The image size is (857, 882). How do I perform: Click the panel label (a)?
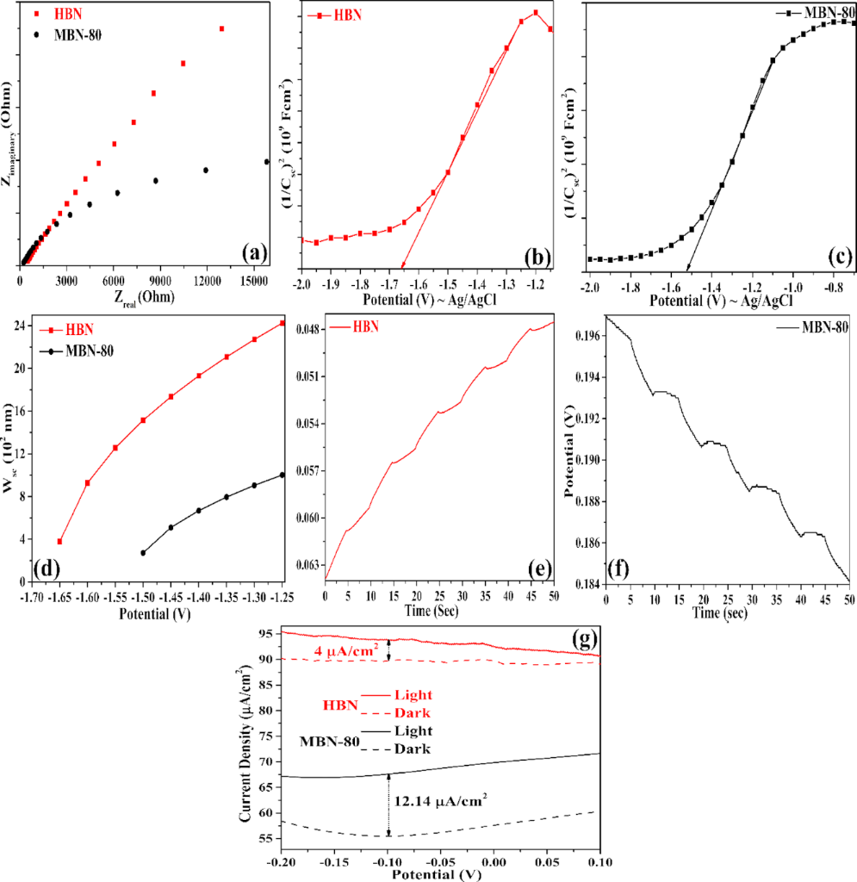(x=256, y=252)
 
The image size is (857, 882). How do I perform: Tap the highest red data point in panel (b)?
(x=536, y=12)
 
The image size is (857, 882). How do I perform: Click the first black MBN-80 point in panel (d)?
(x=143, y=553)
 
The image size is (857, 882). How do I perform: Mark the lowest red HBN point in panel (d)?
(x=59, y=541)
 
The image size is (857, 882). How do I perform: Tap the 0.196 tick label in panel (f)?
(x=590, y=337)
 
